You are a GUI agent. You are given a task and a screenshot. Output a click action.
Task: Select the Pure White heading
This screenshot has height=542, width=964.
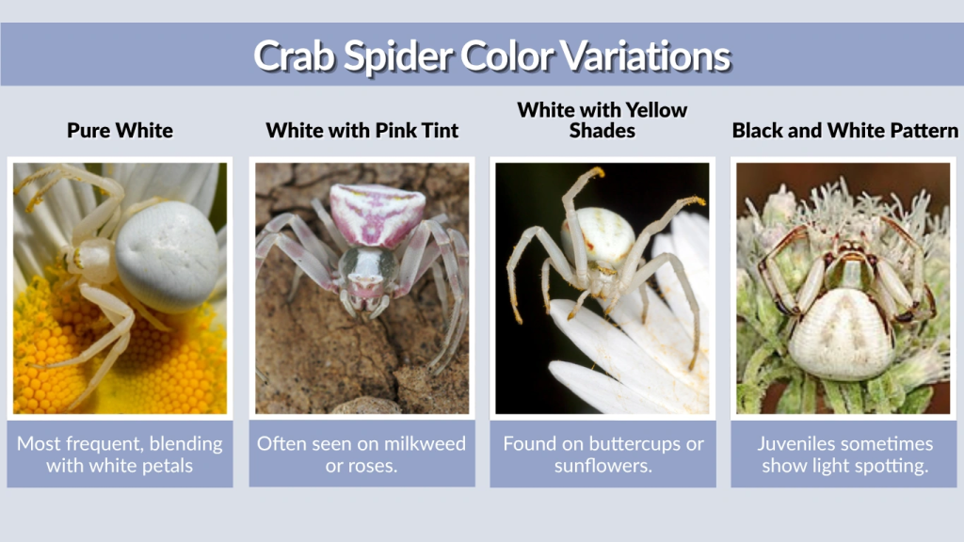[x=120, y=131]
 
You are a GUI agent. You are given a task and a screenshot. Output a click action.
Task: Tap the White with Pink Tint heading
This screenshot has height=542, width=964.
[x=362, y=131]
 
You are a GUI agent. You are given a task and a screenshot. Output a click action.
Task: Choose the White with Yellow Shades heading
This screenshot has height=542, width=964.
[x=602, y=120]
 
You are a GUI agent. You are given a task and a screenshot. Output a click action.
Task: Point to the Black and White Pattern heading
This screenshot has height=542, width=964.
[x=844, y=131]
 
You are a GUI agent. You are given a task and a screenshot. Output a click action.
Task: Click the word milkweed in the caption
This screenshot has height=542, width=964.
[x=423, y=443]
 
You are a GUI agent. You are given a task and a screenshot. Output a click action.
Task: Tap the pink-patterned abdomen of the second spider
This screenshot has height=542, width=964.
[x=363, y=215]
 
